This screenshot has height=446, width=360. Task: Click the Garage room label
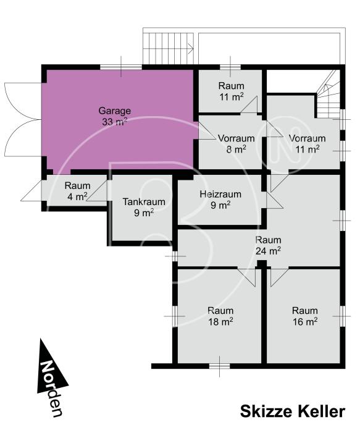115,111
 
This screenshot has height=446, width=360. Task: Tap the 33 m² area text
114,122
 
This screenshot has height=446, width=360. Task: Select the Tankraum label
144,201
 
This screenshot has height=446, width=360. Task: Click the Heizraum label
220,194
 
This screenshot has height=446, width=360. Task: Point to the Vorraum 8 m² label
237,144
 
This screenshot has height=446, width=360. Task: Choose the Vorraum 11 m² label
307,144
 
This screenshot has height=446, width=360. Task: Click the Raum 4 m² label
77,191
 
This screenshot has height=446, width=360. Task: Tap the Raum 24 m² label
268,245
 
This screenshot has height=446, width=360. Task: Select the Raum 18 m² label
220,316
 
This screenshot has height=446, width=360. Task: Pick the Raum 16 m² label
305,316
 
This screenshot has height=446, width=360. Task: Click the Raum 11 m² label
231,91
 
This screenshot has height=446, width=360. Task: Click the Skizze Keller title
293,411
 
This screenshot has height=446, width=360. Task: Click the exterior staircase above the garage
168,48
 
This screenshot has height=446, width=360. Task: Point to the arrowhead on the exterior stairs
191,49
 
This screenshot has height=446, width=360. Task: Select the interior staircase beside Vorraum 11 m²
329,95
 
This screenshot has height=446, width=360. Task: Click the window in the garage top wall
121,67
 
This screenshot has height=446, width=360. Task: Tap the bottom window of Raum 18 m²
219,366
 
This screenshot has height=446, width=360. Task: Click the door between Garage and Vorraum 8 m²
206,131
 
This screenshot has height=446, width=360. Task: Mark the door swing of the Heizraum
274,201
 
